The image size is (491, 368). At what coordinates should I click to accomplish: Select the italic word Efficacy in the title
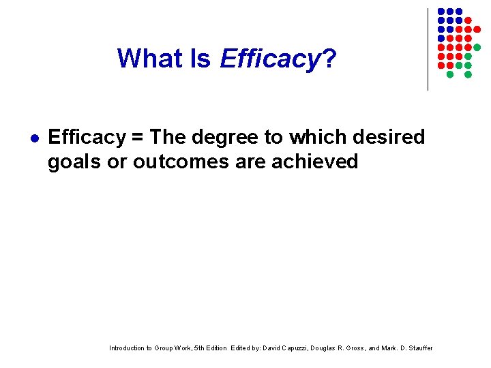pos(270,60)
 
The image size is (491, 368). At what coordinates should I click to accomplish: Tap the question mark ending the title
pos(329,59)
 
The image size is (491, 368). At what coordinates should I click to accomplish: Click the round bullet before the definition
pos(32,138)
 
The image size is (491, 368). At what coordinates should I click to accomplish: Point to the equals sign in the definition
pos(138,138)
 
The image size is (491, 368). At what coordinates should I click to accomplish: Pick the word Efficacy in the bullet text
pos(87,138)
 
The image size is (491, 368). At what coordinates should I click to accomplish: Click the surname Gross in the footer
pos(361,348)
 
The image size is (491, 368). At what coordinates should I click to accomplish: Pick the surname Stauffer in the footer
pos(419,348)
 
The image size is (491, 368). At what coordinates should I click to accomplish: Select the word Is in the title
pos(201,59)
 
